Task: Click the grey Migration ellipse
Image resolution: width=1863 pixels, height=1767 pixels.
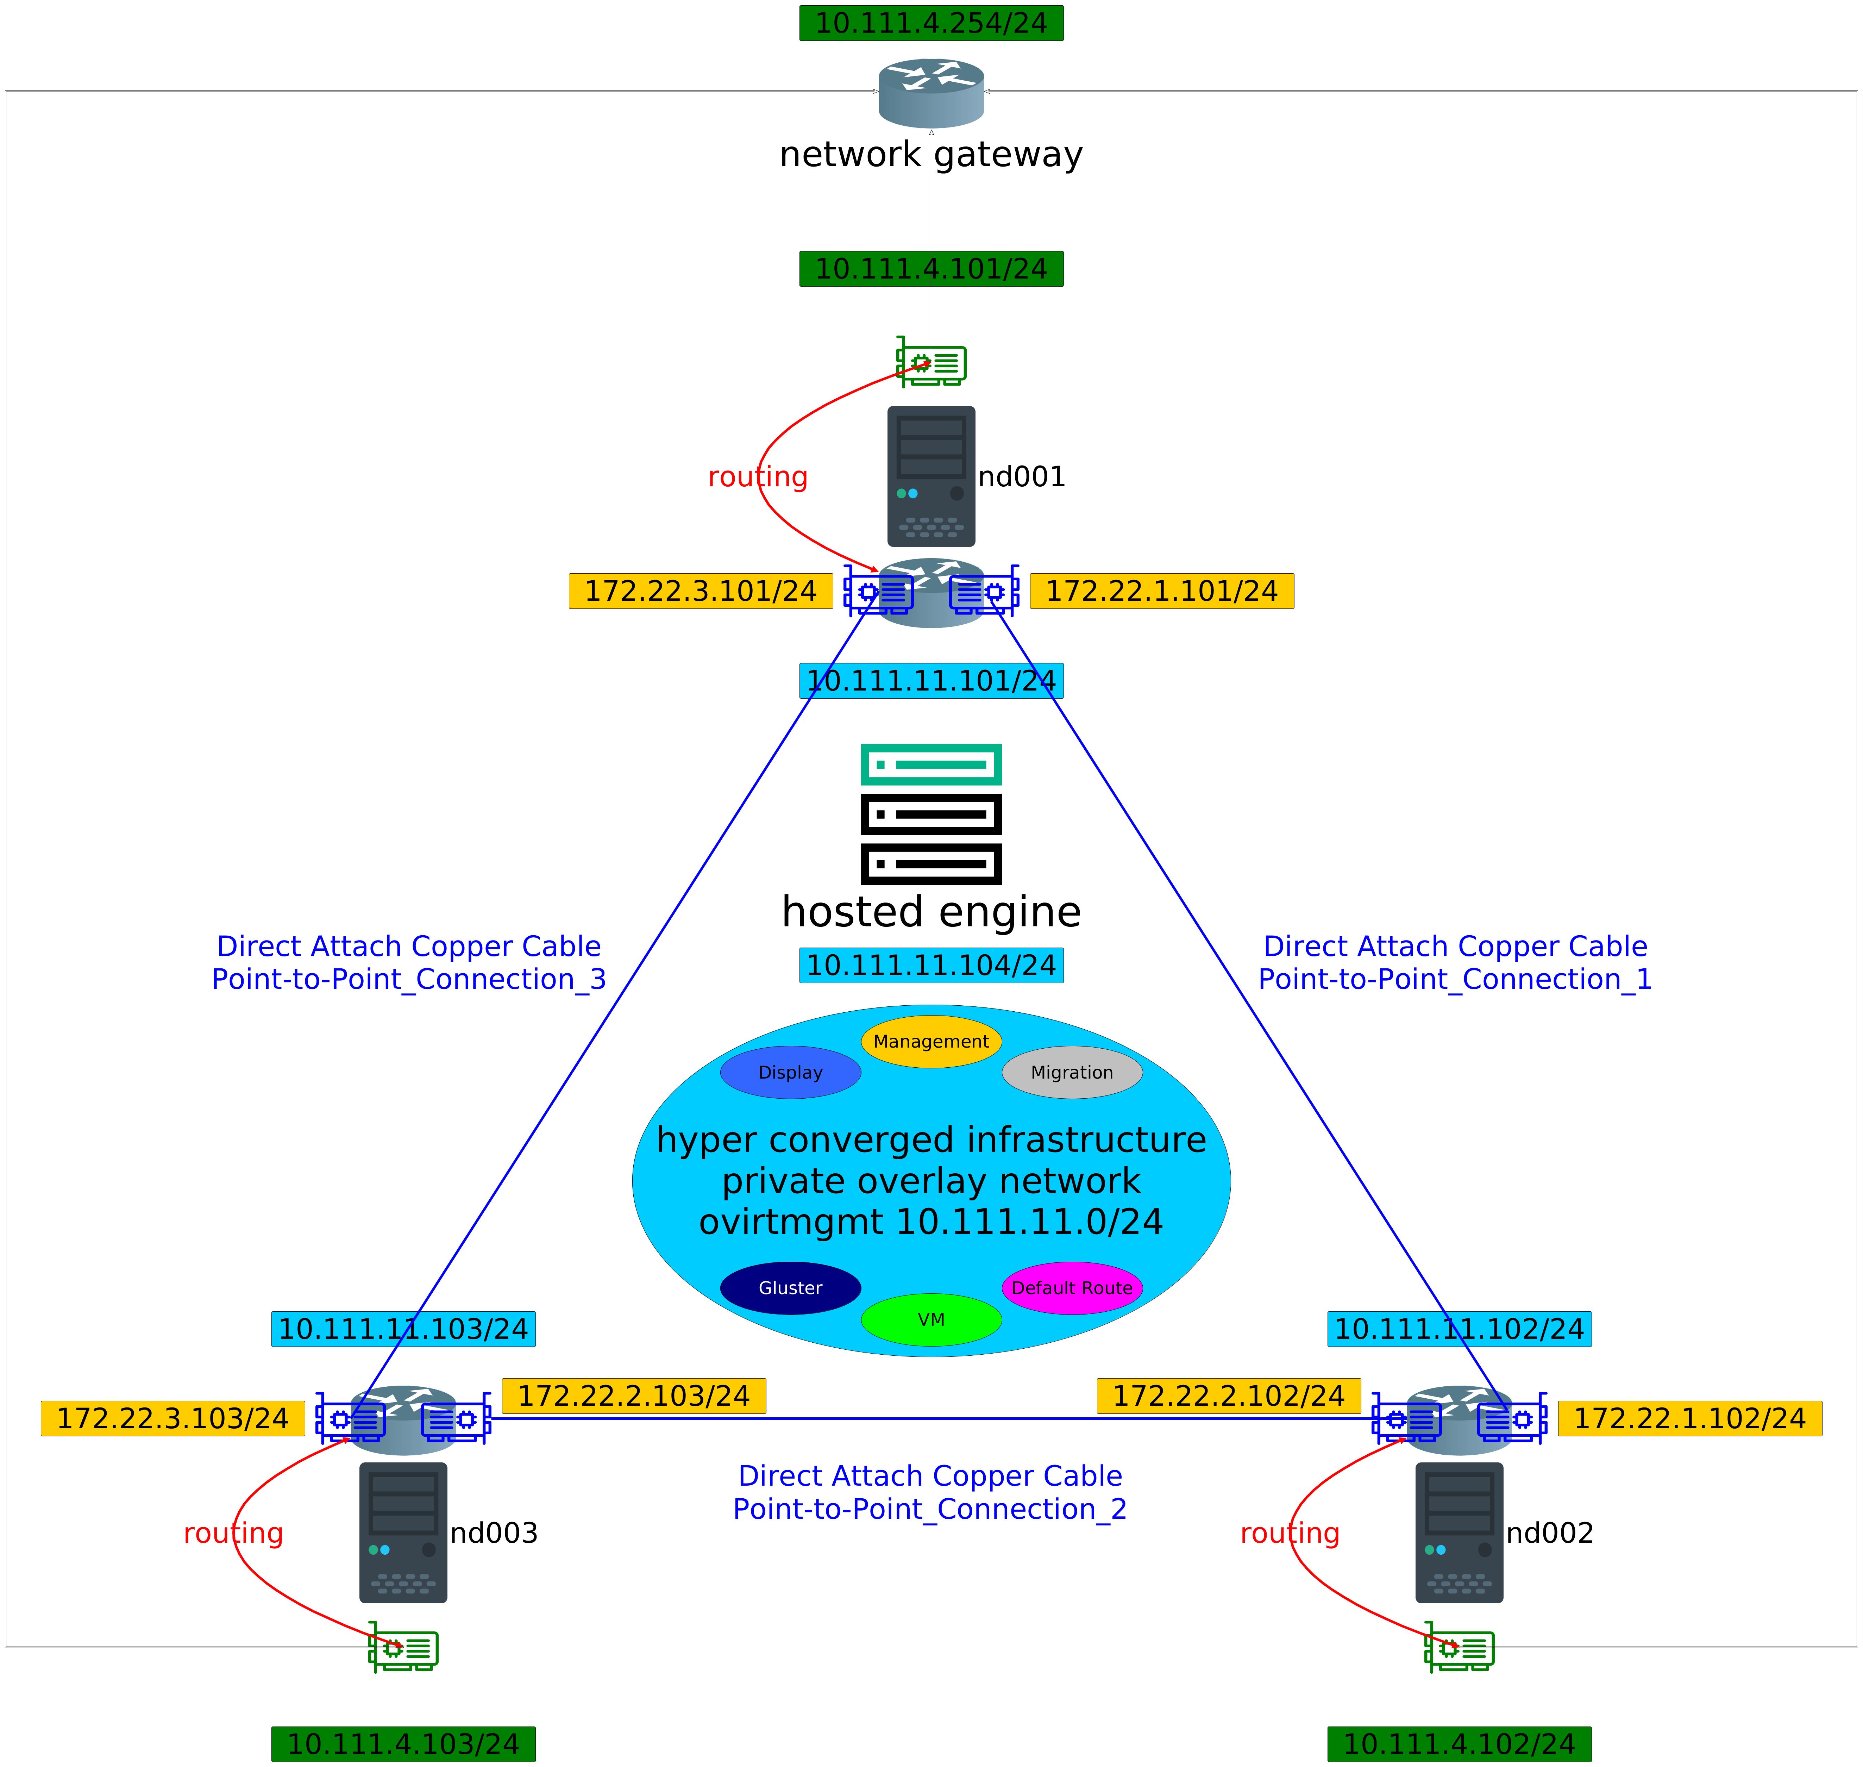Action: [x=1072, y=1072]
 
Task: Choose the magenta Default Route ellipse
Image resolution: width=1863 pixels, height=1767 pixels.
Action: [x=1072, y=1288]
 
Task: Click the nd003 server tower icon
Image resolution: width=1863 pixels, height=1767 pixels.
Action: [x=403, y=1532]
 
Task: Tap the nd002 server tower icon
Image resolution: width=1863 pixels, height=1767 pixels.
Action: [x=1459, y=1532]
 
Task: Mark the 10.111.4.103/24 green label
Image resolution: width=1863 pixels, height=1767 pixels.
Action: [x=403, y=1743]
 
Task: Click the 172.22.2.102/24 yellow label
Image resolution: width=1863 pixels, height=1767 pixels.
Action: [x=1228, y=1395]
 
